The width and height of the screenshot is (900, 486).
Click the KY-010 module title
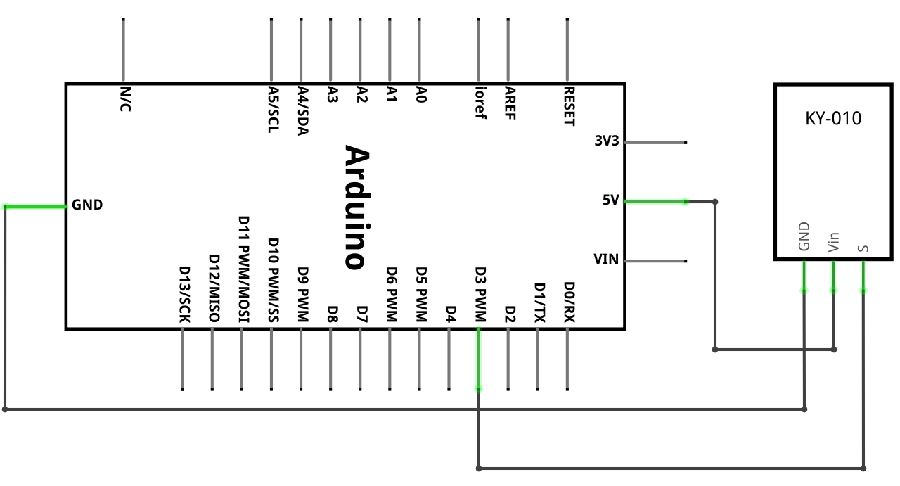point(833,119)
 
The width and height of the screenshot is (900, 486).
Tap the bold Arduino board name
point(357,207)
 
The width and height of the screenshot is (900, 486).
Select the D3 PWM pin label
point(480,295)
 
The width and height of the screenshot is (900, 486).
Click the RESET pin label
point(570,106)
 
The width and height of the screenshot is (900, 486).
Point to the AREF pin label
point(510,103)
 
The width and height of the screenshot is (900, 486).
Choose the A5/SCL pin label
point(274,109)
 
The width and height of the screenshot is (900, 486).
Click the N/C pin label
point(125,99)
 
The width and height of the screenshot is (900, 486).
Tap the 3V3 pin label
point(607,141)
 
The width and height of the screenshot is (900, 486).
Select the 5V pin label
point(611,200)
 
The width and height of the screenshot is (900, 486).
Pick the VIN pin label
point(606,260)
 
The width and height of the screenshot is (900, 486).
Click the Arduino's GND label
point(87,205)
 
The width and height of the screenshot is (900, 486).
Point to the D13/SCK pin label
point(184,294)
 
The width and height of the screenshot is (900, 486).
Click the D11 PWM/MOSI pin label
point(244,269)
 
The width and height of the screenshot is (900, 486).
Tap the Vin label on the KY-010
point(834,242)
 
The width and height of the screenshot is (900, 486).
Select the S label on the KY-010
point(863,248)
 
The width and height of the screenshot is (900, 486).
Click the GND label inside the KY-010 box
point(804,236)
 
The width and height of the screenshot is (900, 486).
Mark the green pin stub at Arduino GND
point(35,207)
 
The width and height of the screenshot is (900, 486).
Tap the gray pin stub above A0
point(420,49)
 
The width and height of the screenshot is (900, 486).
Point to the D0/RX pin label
point(570,302)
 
